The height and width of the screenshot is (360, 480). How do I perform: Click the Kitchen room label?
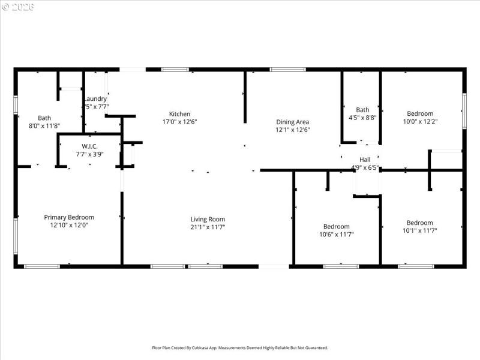pos(179,114)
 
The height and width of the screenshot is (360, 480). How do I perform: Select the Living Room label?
pos(208,219)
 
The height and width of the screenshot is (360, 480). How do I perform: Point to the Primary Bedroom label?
pos(69,217)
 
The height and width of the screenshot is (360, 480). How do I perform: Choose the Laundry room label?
pos(95,99)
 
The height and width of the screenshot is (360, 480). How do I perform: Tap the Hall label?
pos(365,160)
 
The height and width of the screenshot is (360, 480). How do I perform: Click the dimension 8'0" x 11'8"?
pos(44,126)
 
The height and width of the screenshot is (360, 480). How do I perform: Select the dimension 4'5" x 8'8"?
pos(362,118)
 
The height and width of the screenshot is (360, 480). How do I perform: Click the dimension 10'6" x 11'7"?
pos(336,235)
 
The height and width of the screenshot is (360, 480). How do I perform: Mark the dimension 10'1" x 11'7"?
pos(419,230)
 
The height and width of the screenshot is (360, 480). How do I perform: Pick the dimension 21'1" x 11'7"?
pos(208,227)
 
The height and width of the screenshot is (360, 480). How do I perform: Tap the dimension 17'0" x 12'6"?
pos(179,122)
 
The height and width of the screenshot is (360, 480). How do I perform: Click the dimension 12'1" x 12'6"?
pos(292,130)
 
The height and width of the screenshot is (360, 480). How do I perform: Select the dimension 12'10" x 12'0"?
pos(69,225)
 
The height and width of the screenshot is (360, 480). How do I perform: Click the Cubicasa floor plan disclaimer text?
pos(240,348)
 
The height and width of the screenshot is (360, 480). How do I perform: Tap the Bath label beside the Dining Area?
pos(362,110)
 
